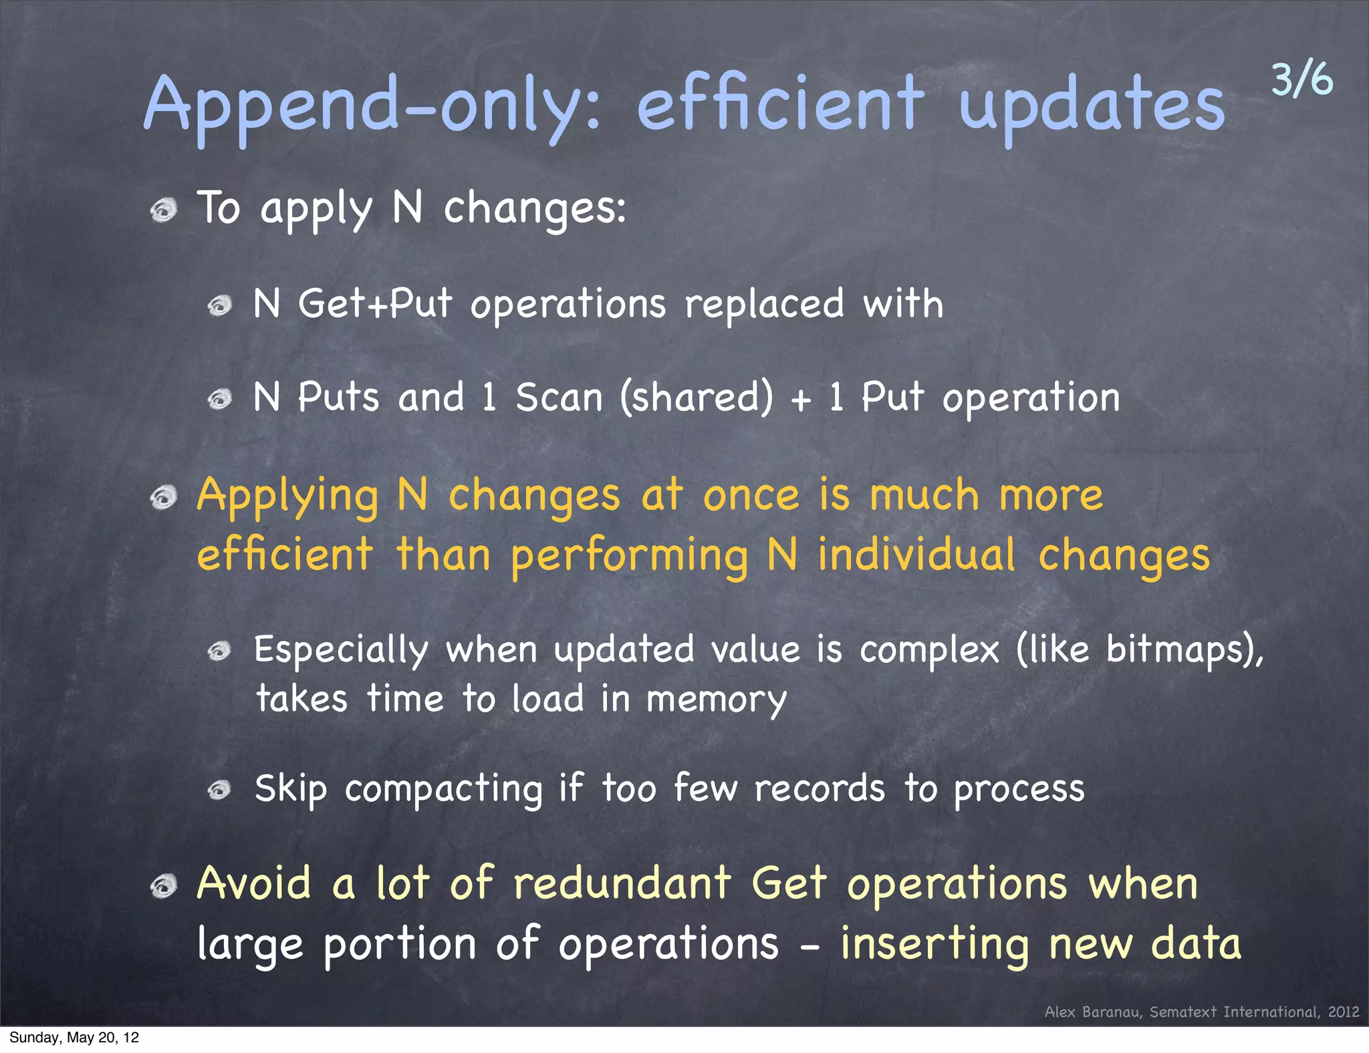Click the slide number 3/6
1301,80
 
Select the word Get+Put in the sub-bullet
375,304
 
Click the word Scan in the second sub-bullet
559,398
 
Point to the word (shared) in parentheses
696,398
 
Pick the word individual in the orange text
916,556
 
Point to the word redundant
622,884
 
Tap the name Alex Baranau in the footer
1094,1012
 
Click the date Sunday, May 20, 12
74,1038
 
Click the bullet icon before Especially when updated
219,651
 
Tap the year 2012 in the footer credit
1344,1012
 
